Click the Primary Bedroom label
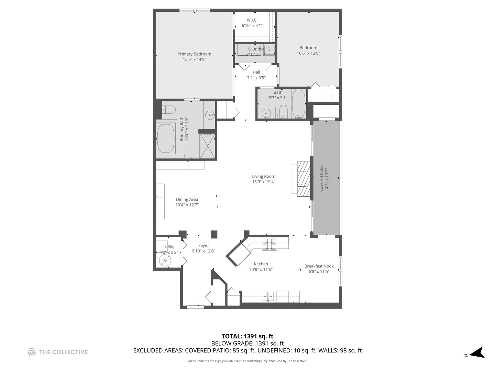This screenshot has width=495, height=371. point(194,54)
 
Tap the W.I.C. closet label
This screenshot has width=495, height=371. point(252,20)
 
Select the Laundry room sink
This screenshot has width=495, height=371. point(269,49)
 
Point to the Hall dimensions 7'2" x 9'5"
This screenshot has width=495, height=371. point(256,78)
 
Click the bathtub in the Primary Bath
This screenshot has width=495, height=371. point(166,138)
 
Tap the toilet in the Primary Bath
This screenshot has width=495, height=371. point(169,110)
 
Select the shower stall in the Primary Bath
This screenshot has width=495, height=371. point(207,146)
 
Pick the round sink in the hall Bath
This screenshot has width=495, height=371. point(266,113)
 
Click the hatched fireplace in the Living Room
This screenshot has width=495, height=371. point(304,179)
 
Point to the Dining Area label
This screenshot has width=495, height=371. point(187,199)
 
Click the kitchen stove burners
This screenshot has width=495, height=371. point(269,244)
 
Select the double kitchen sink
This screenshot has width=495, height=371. point(268,296)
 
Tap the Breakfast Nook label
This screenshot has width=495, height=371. point(319,266)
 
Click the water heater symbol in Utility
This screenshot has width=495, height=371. point(165,261)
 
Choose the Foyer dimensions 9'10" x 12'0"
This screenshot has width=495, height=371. point(203,251)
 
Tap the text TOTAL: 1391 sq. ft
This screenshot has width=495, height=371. point(247,336)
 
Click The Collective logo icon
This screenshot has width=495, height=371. point(32,352)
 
